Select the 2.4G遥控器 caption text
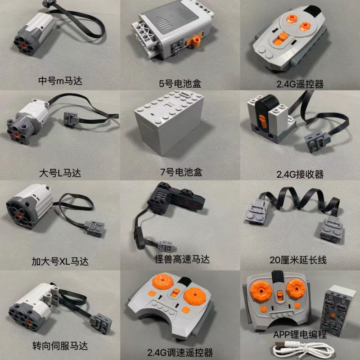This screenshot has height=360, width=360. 301,83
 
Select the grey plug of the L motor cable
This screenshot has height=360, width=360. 72,119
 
